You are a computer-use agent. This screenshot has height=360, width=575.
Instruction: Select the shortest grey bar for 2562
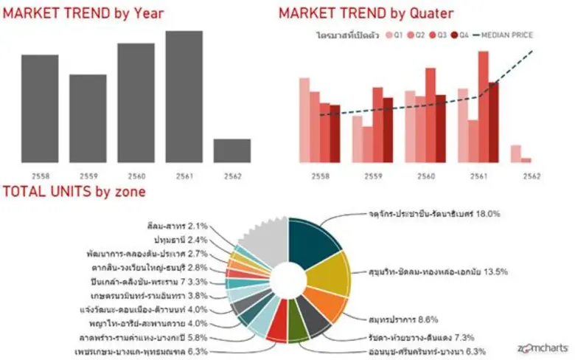click(x=232, y=150)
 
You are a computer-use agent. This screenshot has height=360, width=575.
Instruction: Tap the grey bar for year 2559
click(x=88, y=118)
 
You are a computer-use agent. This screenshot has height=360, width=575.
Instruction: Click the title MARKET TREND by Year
click(x=83, y=13)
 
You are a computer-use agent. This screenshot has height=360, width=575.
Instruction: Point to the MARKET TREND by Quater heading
click(x=366, y=13)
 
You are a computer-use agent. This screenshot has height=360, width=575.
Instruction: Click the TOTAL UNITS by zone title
click(x=74, y=193)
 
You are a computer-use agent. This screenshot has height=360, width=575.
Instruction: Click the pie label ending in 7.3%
click(x=425, y=336)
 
